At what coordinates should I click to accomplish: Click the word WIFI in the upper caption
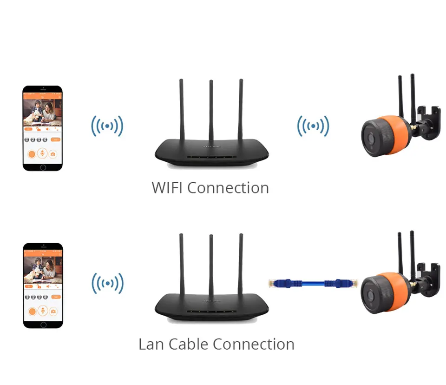(x=167, y=188)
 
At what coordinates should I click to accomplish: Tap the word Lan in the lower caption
(x=151, y=344)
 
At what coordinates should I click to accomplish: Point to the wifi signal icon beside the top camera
(x=314, y=126)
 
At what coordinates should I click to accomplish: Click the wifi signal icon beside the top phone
(x=107, y=126)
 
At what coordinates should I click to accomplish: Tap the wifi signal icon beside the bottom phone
(x=107, y=283)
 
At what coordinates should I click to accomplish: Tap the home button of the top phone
(x=43, y=167)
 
